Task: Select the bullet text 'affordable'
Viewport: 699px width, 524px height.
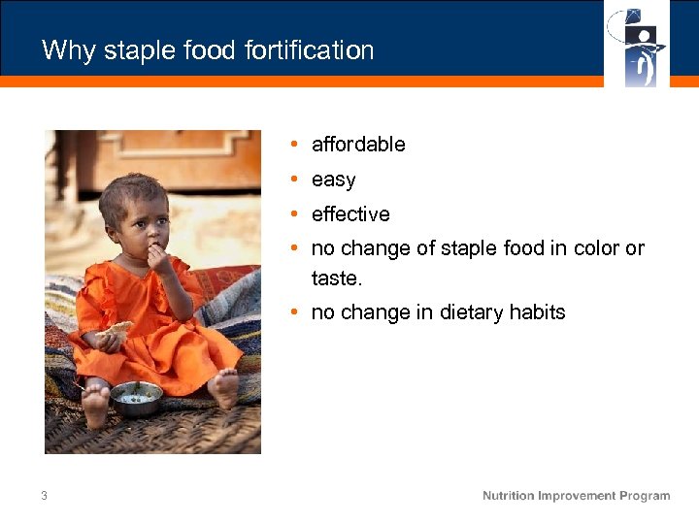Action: point(358,145)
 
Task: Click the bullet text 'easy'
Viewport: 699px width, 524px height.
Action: point(333,180)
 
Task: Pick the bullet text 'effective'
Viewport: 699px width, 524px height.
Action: point(350,214)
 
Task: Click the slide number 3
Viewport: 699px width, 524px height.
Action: point(44,496)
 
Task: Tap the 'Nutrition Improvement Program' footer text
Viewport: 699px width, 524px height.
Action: point(576,496)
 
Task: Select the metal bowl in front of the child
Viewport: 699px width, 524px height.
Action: point(136,397)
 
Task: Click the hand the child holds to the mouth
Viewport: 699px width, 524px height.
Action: point(154,256)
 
